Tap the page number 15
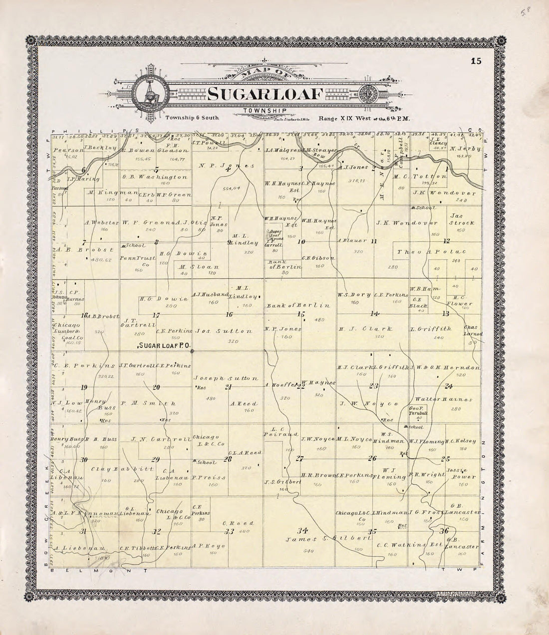pos(475,61)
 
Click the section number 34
pos(301,529)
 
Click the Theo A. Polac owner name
pos(431,252)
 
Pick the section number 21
pos(229,387)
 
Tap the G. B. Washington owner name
pos(155,177)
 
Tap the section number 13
pos(445,314)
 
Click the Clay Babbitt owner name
pos(114,469)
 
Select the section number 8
pos(156,242)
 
